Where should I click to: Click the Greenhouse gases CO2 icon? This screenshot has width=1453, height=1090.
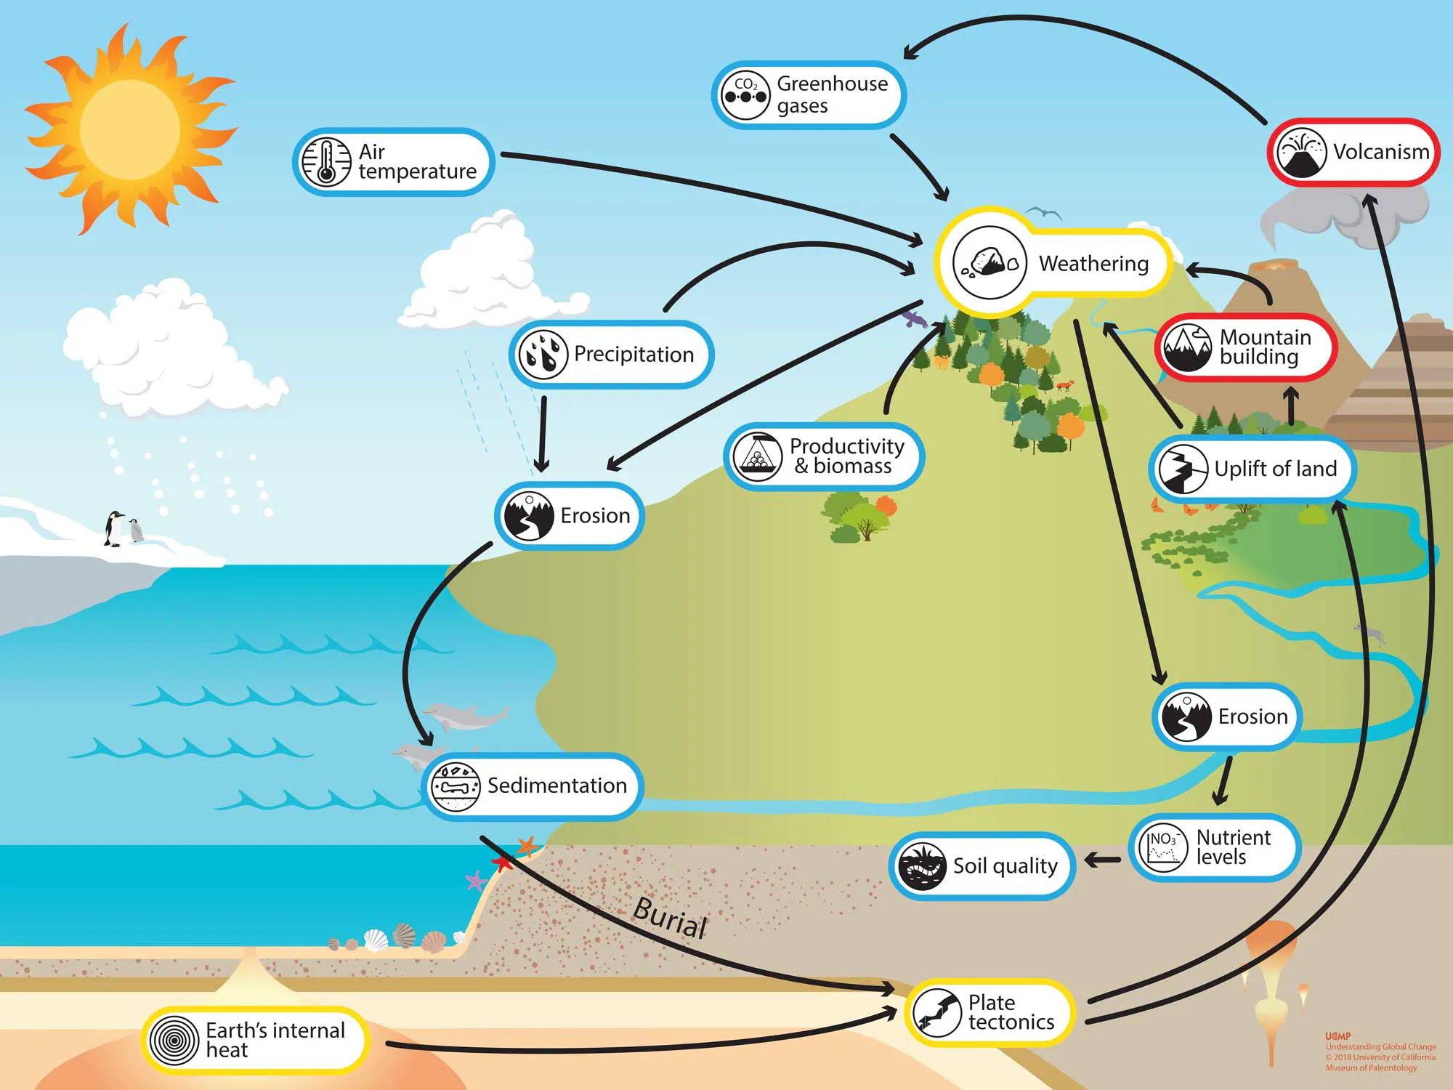745,95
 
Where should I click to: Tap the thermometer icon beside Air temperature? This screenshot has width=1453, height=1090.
326,162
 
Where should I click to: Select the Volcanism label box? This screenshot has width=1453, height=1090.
1353,152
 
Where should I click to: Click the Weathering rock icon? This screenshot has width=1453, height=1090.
989,262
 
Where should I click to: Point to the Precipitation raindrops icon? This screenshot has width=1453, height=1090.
542,354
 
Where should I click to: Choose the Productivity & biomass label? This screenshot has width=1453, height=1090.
846,456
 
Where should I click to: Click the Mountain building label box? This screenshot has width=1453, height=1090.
1246,347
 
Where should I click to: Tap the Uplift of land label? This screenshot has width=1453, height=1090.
1275,469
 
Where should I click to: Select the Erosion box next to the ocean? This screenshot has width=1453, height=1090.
570,515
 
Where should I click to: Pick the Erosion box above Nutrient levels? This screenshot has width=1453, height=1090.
1227,716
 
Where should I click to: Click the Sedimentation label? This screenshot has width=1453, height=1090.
556,786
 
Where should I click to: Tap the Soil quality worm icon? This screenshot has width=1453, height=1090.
921,866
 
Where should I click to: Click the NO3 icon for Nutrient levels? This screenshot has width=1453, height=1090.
1163,848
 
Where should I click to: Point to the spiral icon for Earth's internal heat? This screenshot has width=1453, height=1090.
174,1041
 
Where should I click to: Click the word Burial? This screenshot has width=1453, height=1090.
670,918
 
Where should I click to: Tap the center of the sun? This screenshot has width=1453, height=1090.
129,129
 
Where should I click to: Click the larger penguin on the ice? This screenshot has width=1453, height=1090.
114,528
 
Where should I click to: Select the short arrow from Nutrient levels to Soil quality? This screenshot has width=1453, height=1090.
1102,860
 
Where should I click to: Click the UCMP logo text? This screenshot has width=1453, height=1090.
1337,1036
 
